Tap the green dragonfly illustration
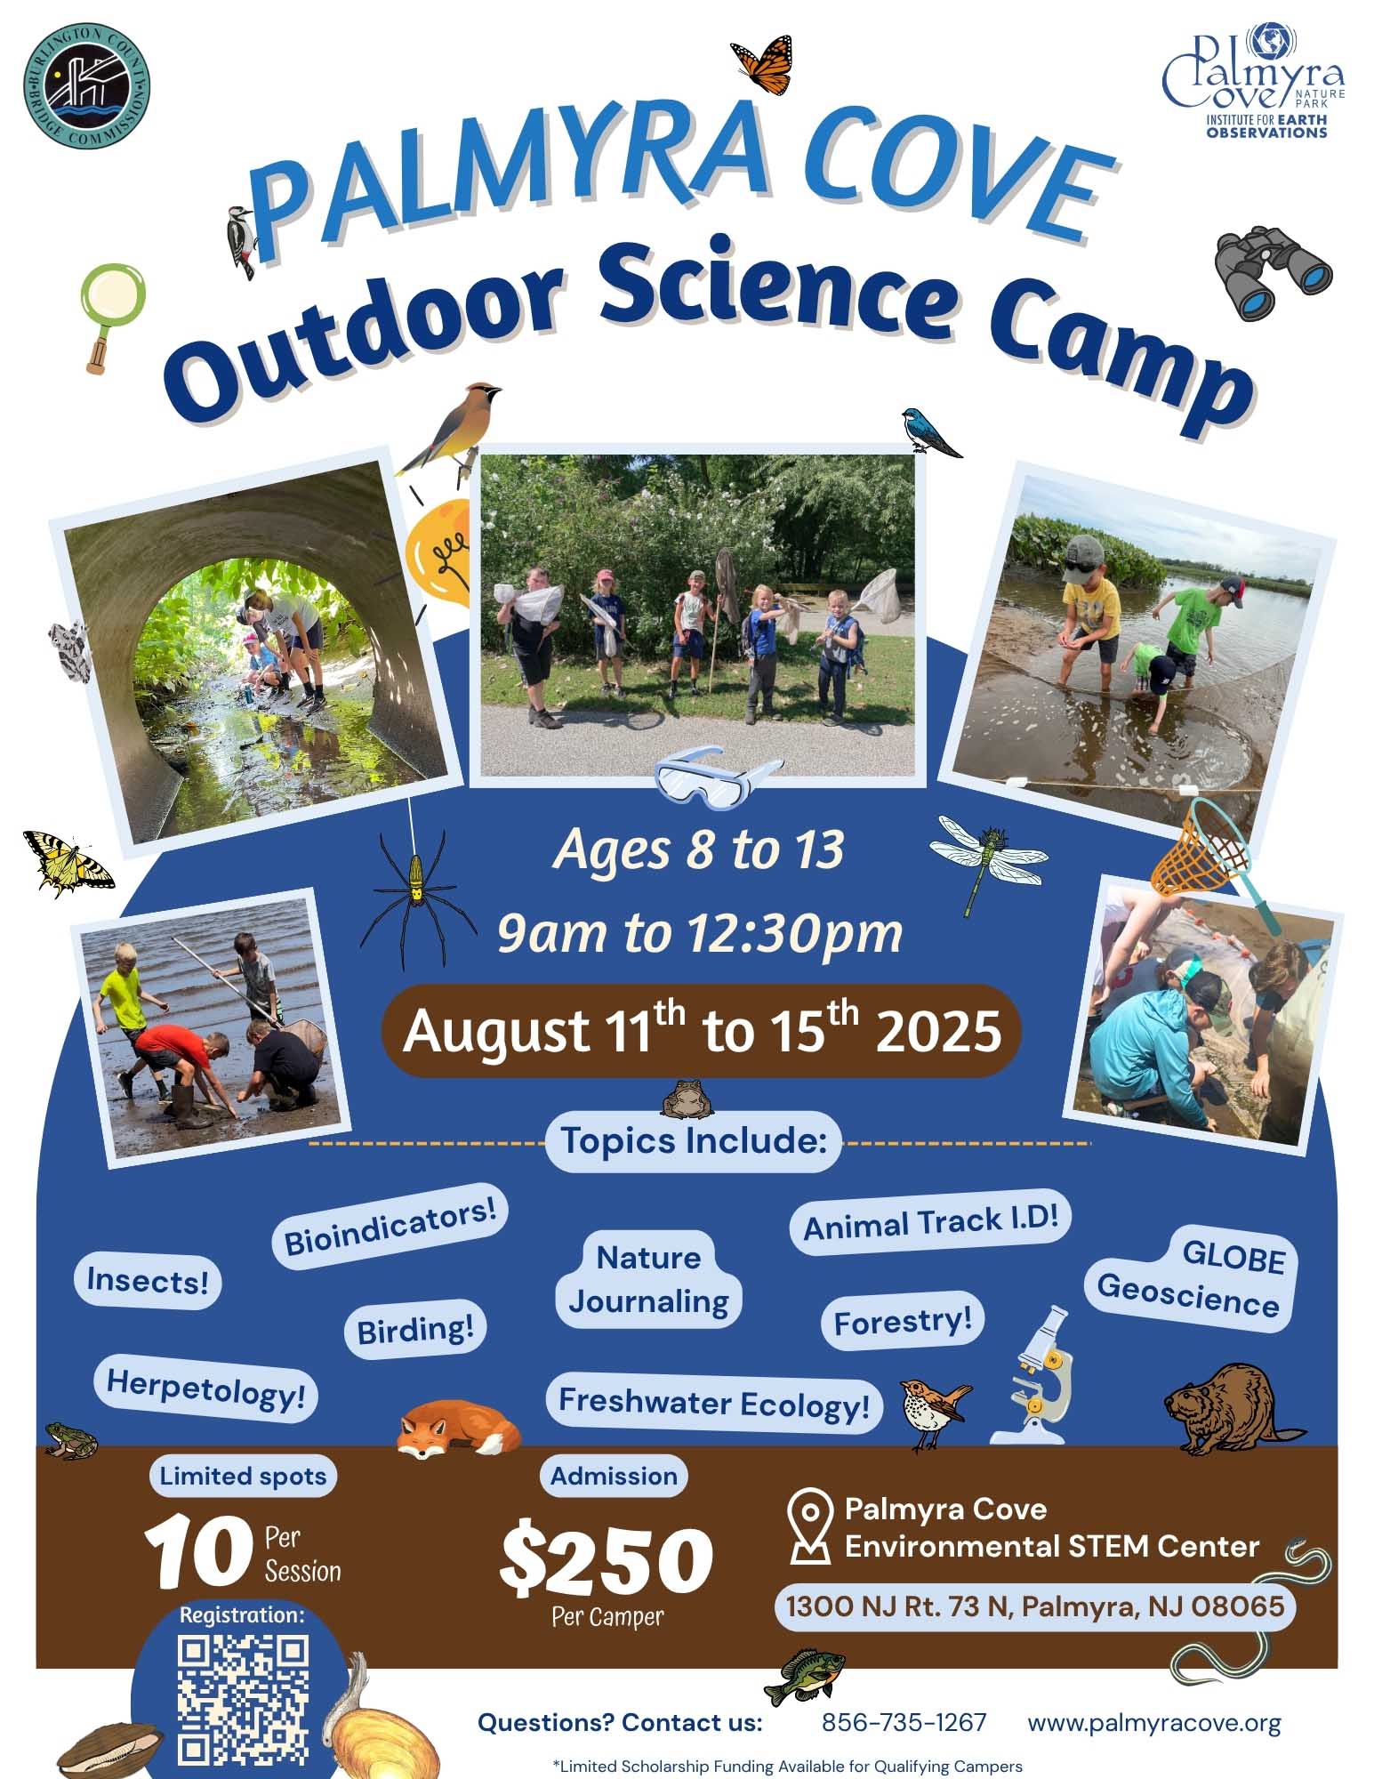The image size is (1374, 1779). tap(987, 859)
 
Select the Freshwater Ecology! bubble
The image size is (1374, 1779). tap(714, 1403)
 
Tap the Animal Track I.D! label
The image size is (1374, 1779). tap(930, 1222)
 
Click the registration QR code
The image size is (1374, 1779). tap(243, 1702)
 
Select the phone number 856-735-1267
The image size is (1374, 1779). tap(904, 1723)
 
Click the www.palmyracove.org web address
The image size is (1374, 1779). tap(1154, 1723)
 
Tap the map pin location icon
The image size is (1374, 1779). tap(809, 1527)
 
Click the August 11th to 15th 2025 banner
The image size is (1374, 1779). tap(702, 1031)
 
